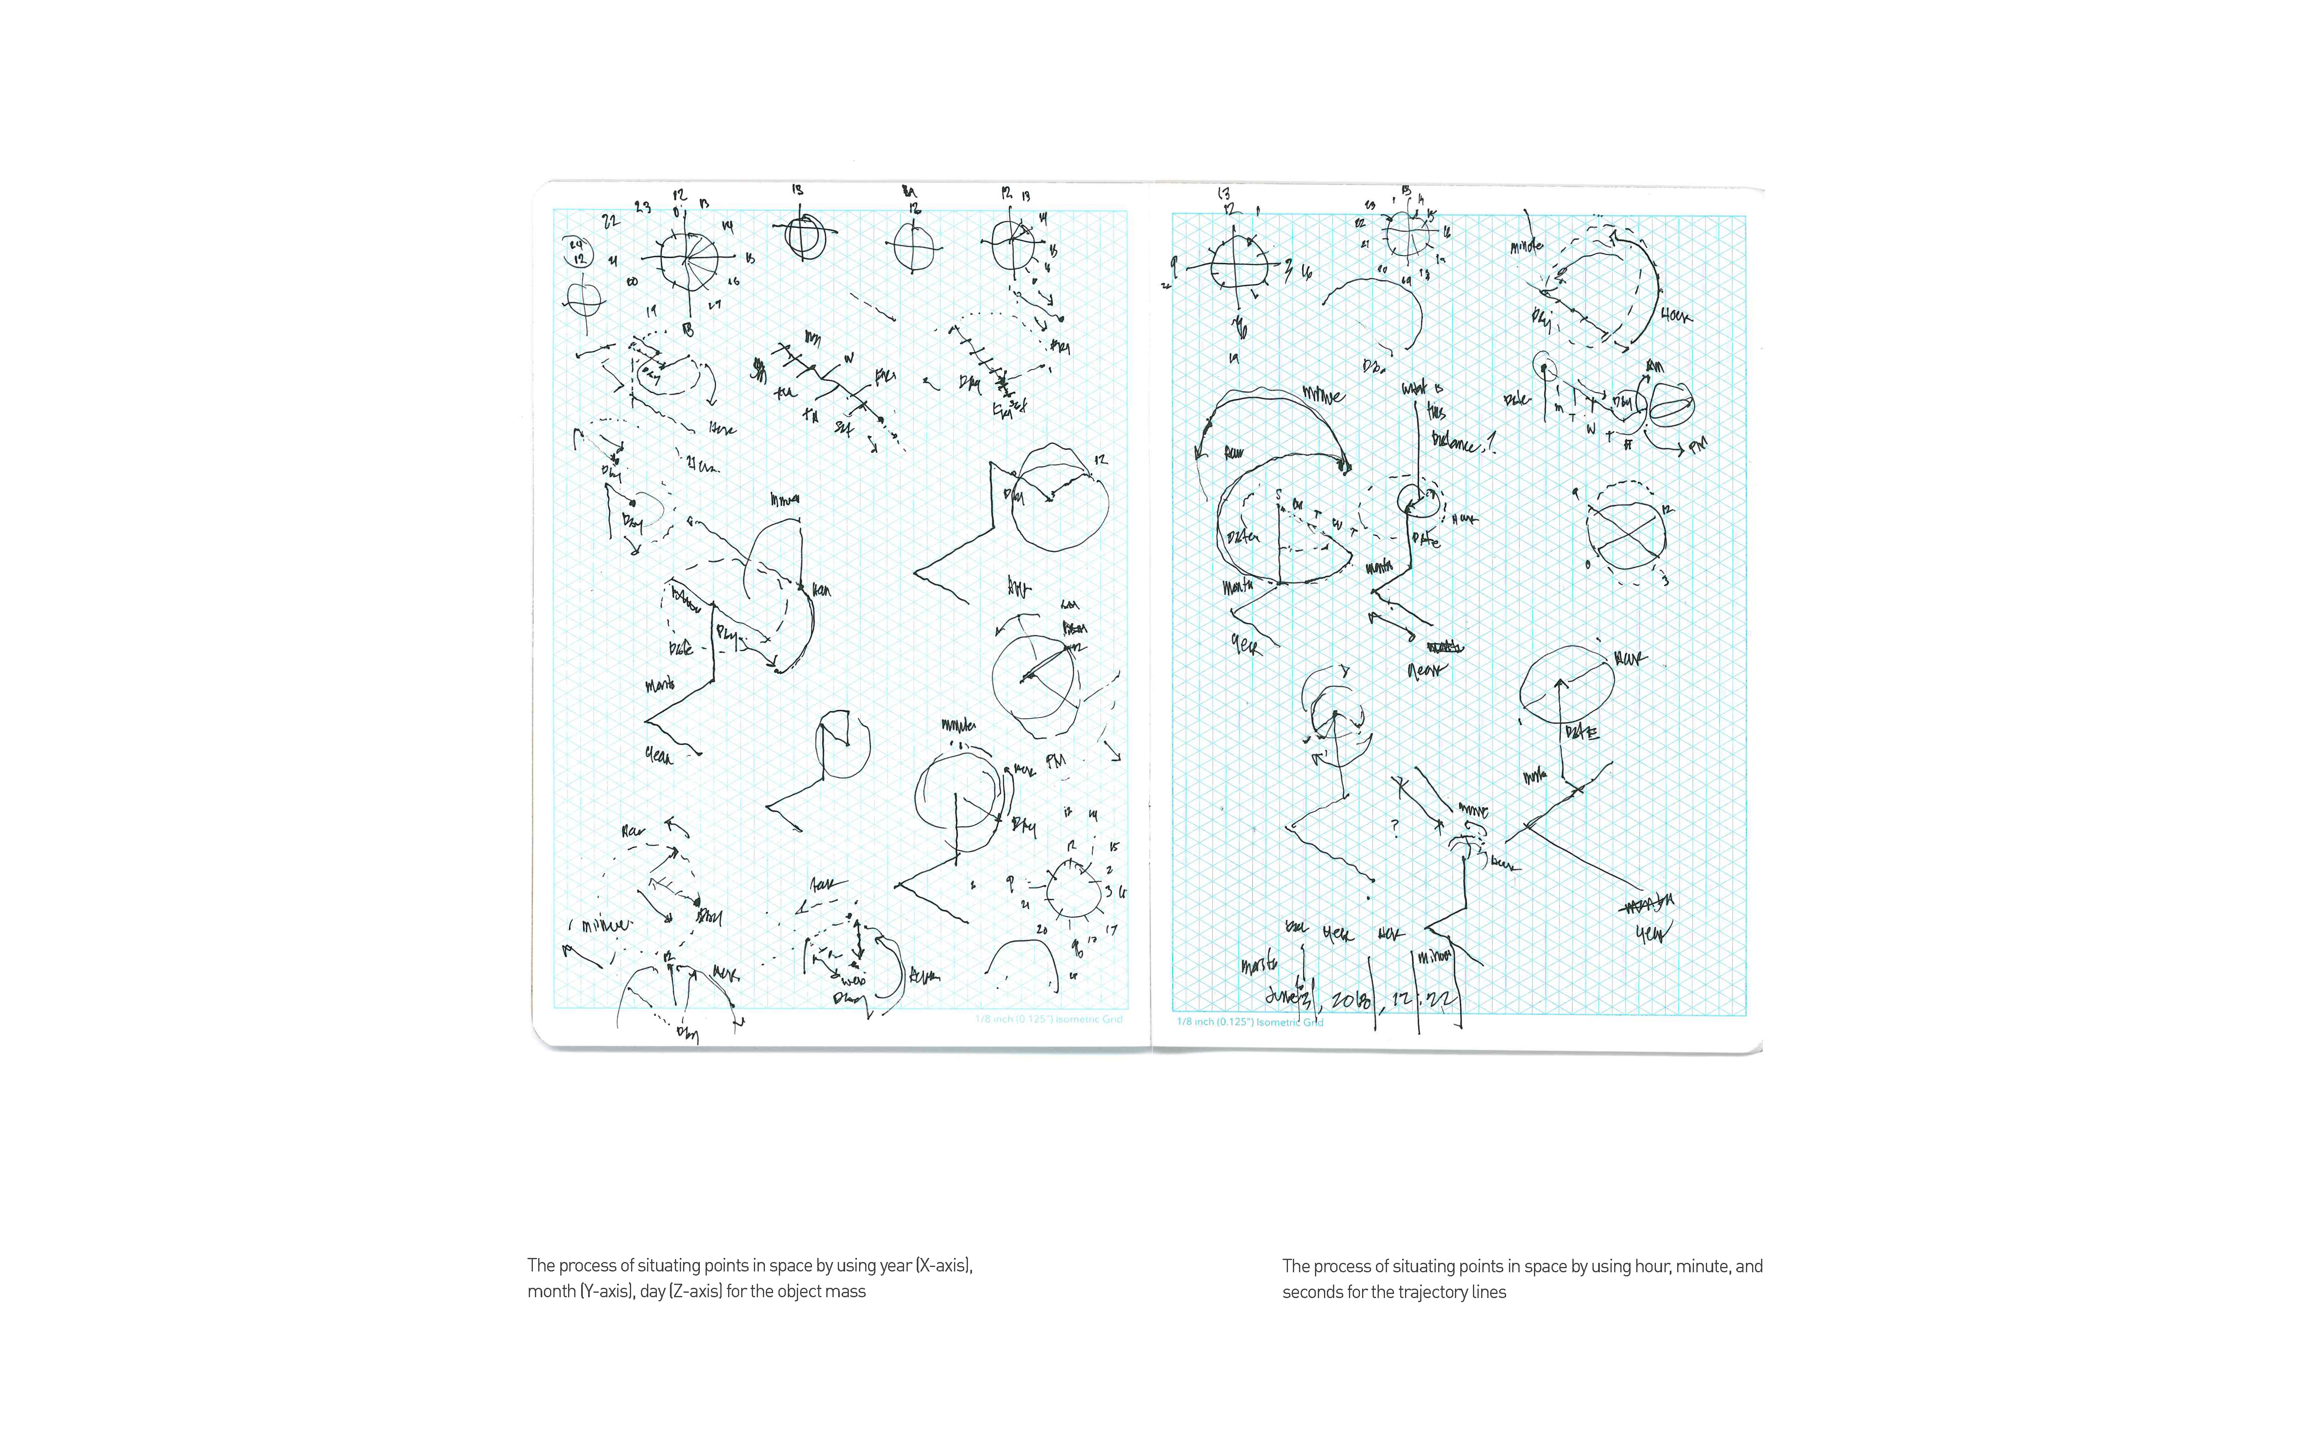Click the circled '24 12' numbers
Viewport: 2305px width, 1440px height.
pyautogui.click(x=577, y=252)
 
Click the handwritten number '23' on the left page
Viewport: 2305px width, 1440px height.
pyautogui.click(x=643, y=207)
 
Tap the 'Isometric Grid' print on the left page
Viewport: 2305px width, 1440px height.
pyautogui.click(x=1089, y=1019)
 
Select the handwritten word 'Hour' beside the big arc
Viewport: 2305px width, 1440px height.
pyautogui.click(x=1676, y=314)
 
